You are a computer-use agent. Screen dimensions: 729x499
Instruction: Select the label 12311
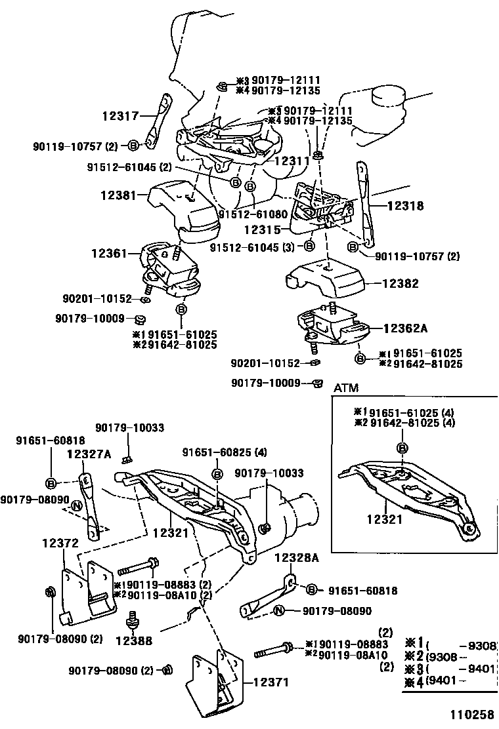(292, 159)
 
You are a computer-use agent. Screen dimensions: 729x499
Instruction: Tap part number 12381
(118, 195)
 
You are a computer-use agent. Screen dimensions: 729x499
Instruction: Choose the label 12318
(405, 205)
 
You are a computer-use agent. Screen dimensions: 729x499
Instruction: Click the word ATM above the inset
(346, 388)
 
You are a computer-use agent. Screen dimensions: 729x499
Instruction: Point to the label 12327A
(89, 454)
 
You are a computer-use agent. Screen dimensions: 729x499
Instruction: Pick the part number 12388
(134, 640)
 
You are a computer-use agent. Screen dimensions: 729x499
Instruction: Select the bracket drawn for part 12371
(213, 682)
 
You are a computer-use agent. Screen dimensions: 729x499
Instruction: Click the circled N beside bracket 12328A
(278, 611)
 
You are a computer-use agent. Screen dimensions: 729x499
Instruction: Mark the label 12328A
(296, 558)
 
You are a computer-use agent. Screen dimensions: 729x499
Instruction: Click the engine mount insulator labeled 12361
(169, 269)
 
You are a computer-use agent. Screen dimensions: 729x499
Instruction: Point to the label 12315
(262, 230)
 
